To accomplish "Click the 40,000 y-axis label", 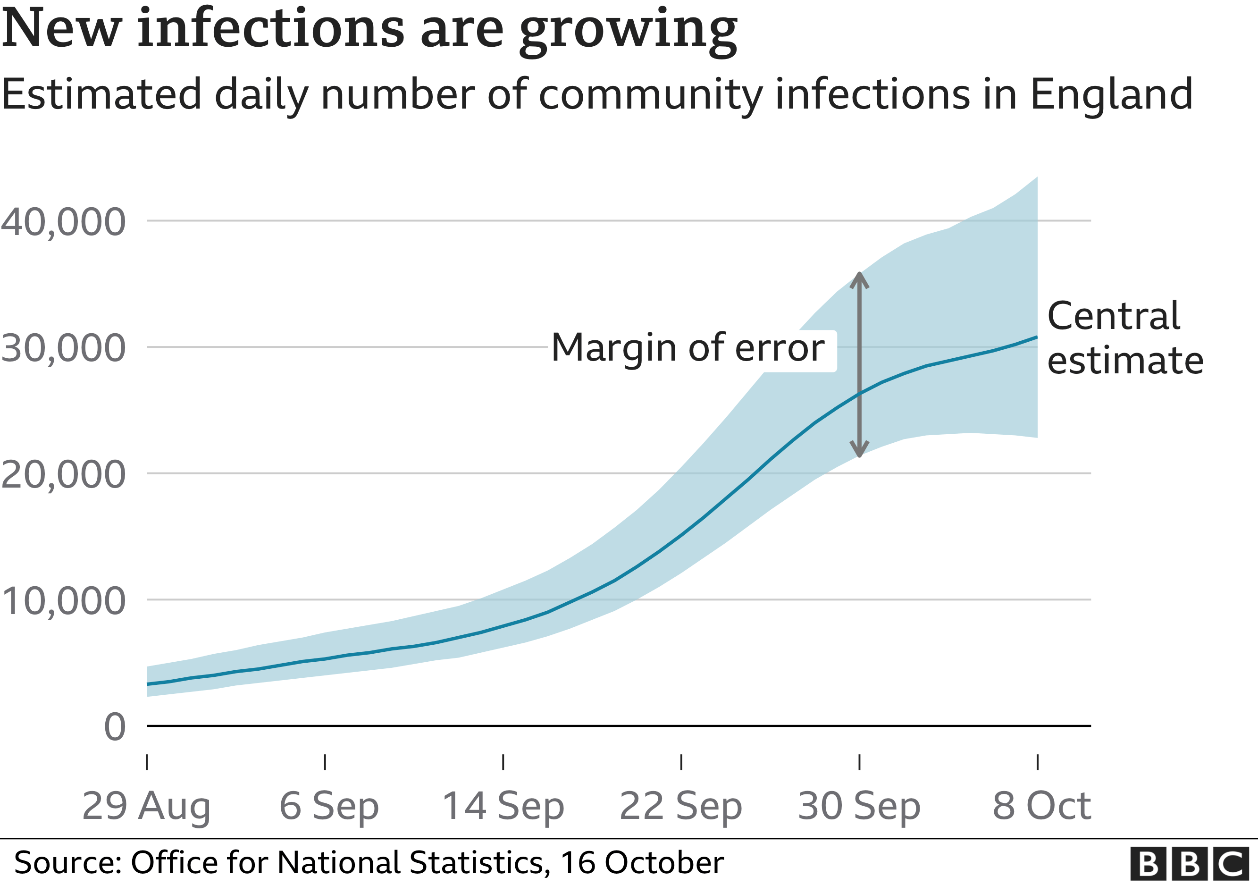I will pos(63,222).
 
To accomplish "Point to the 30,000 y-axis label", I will pos(63,348).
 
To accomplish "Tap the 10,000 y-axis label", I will pos(63,601).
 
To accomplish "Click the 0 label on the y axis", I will pos(115,728).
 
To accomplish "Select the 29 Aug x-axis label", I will pos(146,807).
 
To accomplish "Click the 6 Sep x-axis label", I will pos(329,807).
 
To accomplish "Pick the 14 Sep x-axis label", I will pos(503,807).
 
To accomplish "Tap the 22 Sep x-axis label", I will pos(680,807).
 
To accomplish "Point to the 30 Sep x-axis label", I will pos(859,807).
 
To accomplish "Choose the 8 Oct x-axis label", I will pos(1041,807).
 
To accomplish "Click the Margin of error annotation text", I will pos(688,348).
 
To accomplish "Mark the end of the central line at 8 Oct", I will pos(1036,337).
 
